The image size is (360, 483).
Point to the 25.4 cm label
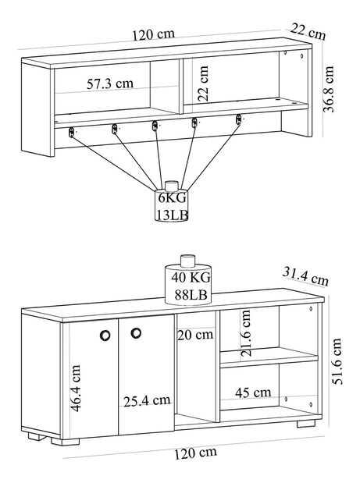(x=147, y=401)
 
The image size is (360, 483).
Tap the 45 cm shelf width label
(x=253, y=392)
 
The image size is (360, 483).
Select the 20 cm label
(x=194, y=336)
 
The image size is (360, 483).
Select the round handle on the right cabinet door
(x=136, y=334)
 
